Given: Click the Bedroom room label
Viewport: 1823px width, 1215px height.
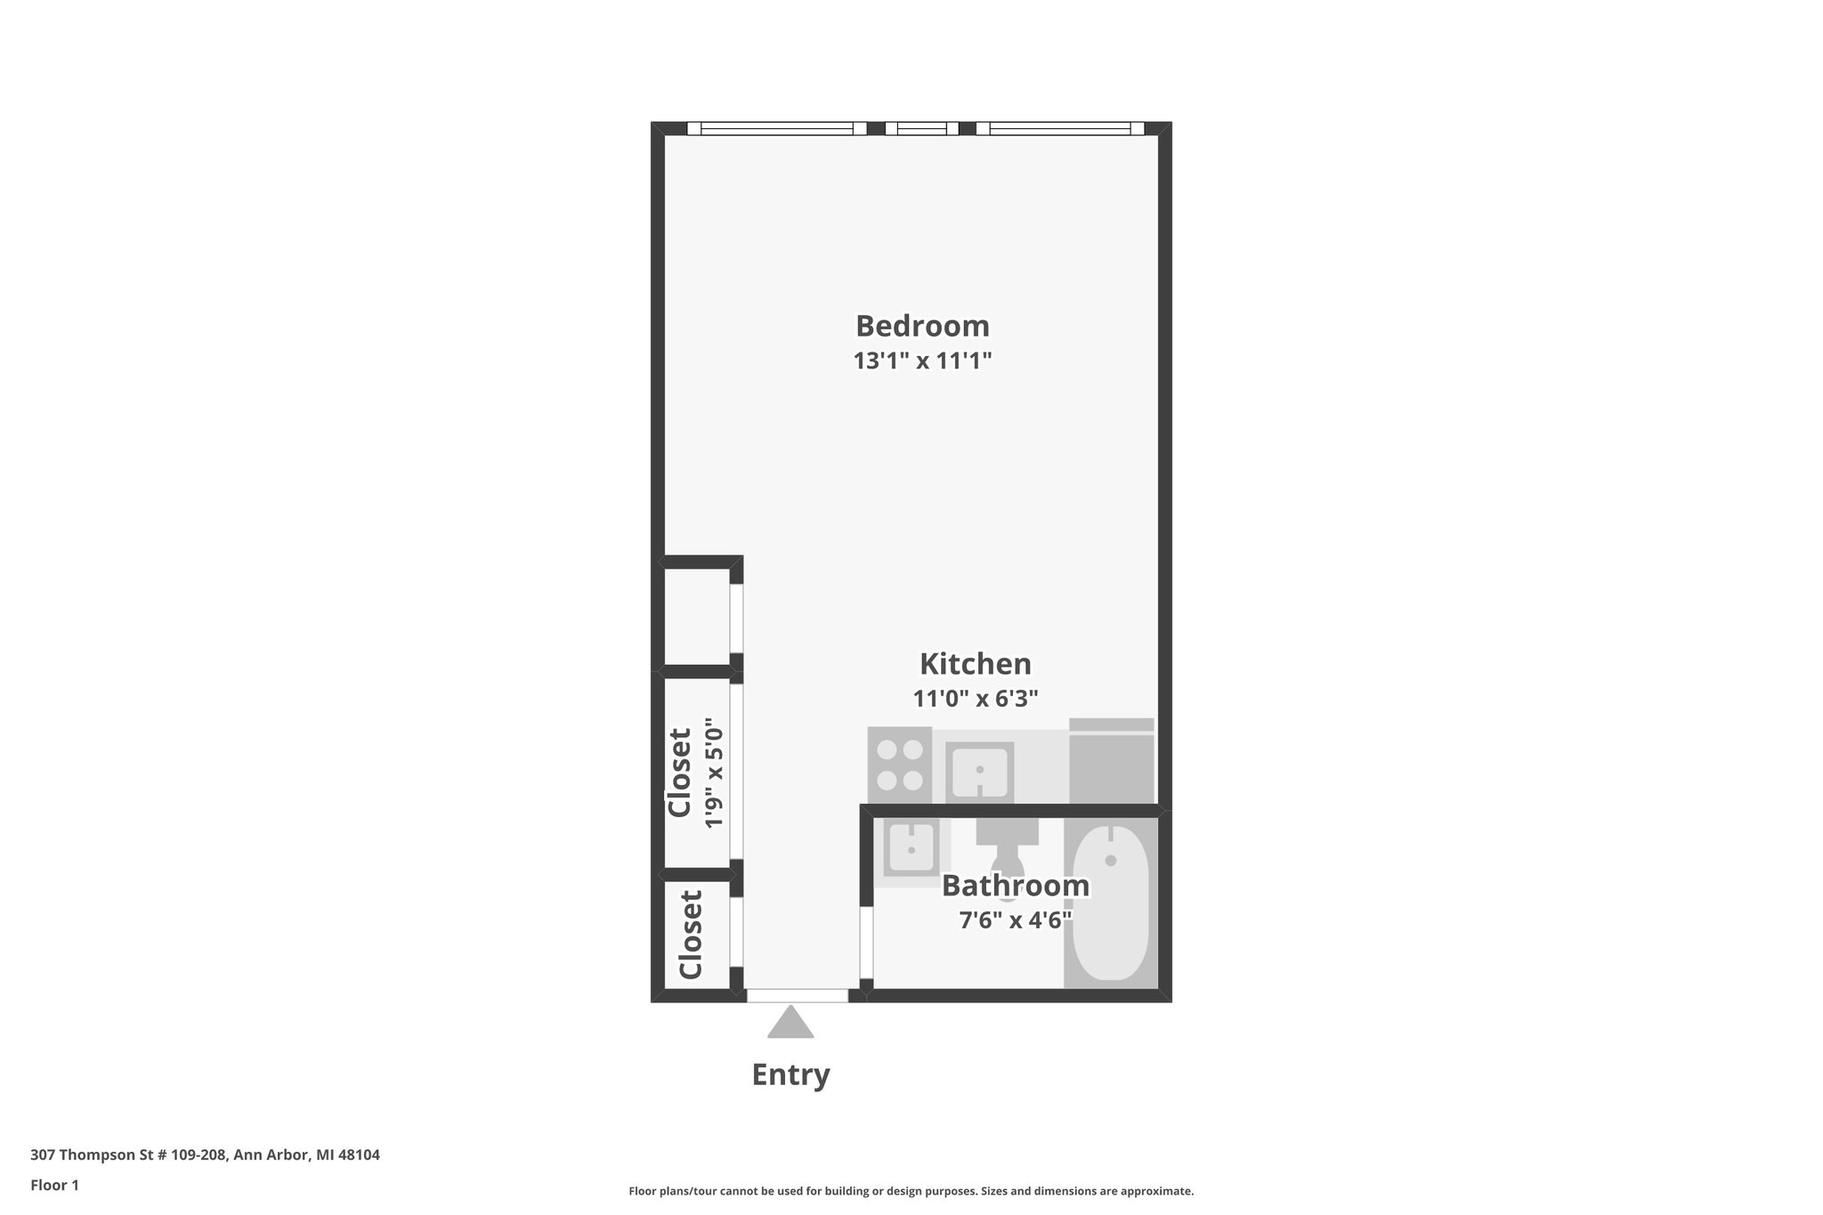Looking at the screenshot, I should click(922, 326).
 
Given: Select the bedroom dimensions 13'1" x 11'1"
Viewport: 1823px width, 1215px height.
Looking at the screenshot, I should click(922, 361).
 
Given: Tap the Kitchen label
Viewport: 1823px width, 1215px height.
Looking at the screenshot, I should click(975, 664).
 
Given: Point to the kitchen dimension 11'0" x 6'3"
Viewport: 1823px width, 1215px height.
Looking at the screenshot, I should click(976, 699).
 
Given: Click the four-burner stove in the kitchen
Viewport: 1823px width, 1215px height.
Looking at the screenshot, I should click(899, 765).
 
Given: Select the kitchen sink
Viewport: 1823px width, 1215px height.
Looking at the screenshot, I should click(978, 771).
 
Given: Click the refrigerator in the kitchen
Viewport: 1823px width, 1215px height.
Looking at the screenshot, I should click(1111, 764).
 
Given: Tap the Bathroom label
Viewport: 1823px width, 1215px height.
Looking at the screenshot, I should click(1015, 886).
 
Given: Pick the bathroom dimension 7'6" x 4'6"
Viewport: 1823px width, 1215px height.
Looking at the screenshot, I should click(1015, 919).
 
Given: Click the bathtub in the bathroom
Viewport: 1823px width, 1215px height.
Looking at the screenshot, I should click(1110, 903).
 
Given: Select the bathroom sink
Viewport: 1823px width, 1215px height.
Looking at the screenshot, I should click(910, 848).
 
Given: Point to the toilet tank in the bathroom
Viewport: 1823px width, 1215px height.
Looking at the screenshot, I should click(1007, 831).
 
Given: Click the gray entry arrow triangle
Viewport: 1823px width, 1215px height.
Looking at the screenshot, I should click(790, 1024).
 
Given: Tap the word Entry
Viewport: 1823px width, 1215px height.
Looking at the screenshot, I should click(790, 1074).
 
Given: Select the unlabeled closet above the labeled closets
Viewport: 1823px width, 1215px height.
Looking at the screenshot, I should click(697, 617).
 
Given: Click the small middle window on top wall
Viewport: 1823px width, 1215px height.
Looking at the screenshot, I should click(921, 128).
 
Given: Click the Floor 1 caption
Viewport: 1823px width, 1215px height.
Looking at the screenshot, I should click(54, 1186).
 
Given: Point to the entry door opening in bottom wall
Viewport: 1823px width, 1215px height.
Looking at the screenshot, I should click(797, 995).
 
